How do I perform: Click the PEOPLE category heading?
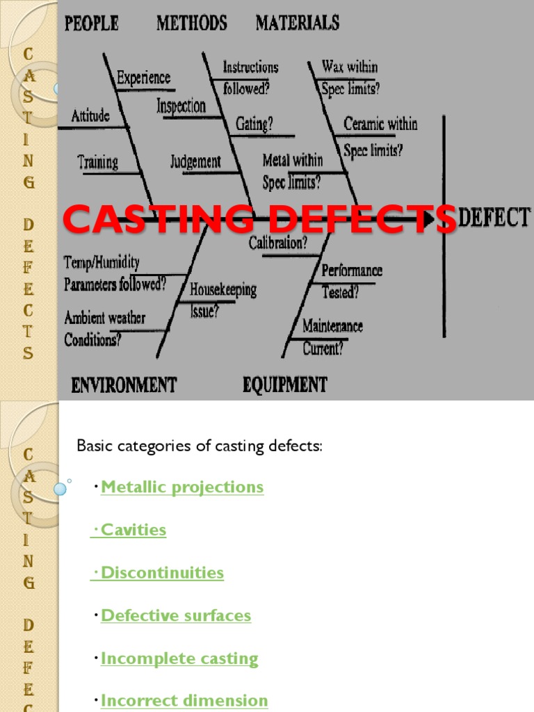point(91,23)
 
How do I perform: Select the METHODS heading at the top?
point(191,23)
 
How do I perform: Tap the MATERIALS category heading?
point(298,23)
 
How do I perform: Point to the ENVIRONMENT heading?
point(124,385)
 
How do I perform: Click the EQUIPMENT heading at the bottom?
point(284,385)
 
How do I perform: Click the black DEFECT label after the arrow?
point(494,218)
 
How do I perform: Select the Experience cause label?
point(143,78)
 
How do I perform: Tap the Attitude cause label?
point(90,115)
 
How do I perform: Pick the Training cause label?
point(97,163)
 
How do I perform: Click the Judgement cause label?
point(195,162)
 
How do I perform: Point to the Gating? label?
point(254,124)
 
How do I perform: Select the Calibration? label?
point(278,243)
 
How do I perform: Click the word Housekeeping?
point(223,289)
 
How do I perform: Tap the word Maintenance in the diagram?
point(332,325)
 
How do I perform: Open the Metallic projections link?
point(182,487)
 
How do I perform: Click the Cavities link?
point(133,530)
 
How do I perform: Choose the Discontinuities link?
point(162,573)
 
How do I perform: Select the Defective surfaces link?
point(176,615)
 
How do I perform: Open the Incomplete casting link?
point(179,658)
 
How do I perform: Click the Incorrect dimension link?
point(184,700)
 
